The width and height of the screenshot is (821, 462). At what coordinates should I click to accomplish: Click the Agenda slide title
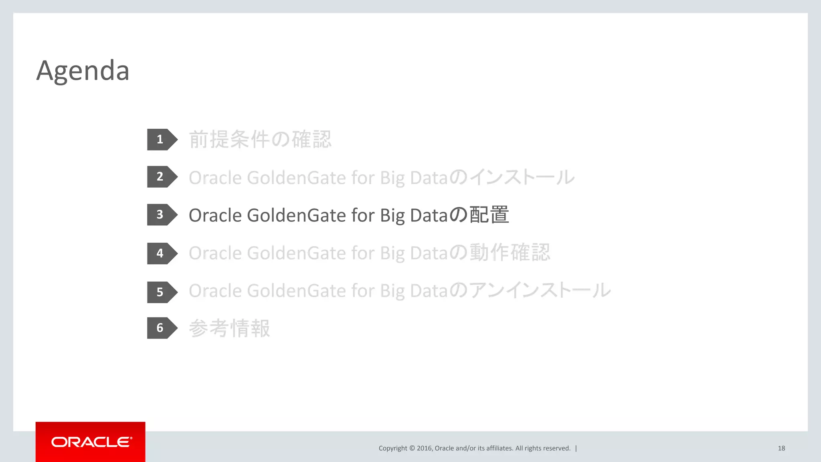83,71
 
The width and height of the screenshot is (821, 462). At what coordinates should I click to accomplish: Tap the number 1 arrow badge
161,140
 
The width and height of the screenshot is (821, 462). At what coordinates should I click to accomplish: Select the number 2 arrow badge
161,177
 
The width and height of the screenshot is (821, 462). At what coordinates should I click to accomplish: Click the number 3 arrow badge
161,215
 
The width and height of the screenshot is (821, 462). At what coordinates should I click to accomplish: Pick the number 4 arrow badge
161,253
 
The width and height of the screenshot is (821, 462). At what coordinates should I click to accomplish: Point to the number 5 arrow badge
161,292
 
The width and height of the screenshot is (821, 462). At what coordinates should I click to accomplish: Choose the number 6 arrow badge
161,328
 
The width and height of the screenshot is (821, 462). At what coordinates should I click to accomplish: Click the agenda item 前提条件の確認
260,140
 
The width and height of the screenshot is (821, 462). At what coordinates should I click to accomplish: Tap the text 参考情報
229,328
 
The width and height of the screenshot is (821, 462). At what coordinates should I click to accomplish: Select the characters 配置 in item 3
489,215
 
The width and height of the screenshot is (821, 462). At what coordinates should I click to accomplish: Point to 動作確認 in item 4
510,253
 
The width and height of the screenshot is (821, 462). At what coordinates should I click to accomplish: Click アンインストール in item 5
540,291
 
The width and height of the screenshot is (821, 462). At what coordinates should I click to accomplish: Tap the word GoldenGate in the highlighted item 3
296,215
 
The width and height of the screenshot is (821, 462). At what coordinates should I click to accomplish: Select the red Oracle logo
91,442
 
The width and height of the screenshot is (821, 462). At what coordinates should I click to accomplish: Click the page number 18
781,448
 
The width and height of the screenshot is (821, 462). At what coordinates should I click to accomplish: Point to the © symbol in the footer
412,448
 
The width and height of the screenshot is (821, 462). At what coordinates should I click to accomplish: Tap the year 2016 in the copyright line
424,448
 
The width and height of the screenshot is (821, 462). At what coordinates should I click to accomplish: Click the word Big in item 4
392,253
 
